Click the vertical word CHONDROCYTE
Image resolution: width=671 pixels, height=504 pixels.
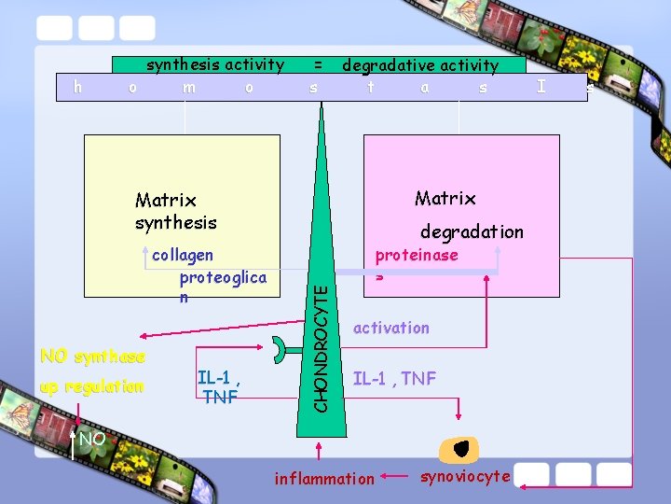coord(320,346)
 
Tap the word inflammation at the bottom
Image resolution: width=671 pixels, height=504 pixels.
coord(323,479)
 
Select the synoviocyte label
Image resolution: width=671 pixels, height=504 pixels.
coord(465,477)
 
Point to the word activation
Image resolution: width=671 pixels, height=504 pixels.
coord(391,328)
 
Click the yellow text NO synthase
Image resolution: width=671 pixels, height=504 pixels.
coord(92,357)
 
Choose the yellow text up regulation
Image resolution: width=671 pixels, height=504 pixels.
coord(92,386)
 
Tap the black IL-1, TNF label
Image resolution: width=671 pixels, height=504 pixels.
coord(220,387)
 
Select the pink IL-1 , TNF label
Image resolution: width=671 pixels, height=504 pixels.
coord(394,379)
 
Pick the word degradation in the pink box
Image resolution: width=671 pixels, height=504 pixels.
coord(472,231)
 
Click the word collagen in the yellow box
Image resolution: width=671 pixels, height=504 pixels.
coord(183,256)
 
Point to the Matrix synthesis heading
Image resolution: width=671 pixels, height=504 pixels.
coord(175,211)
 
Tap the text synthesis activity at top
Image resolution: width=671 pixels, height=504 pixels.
coord(214,64)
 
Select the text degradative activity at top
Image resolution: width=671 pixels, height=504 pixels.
coord(420,65)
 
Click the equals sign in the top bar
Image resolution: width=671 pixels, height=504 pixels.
coord(318,64)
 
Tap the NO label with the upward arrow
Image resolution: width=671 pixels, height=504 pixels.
coord(91,440)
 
